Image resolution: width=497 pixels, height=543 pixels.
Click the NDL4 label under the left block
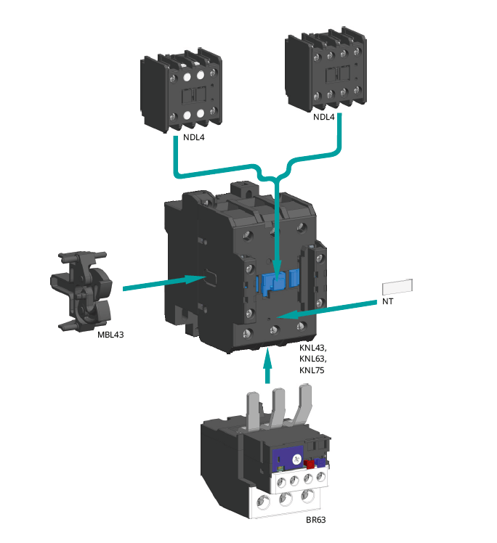tap(193, 138)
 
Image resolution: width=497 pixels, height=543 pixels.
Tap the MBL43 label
tap(110, 335)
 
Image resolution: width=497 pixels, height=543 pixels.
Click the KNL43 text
tap(312, 348)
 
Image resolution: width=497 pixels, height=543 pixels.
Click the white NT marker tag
tap(397, 287)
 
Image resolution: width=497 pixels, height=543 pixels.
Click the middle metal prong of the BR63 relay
tap(278, 411)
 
